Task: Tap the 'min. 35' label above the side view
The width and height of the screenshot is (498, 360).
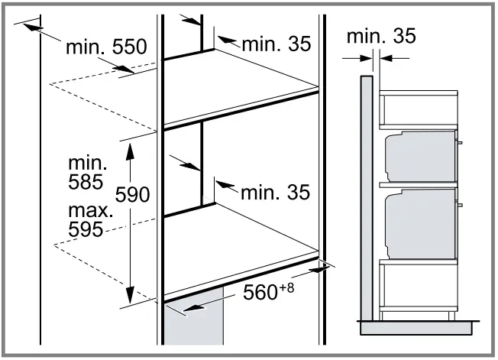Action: pos(381,35)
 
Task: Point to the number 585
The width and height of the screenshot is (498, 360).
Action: pos(86,183)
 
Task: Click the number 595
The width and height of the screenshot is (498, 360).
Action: pos(86,229)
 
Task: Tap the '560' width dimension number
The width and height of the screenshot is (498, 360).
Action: pos(261,292)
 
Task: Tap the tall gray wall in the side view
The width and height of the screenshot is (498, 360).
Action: pos(367,199)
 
